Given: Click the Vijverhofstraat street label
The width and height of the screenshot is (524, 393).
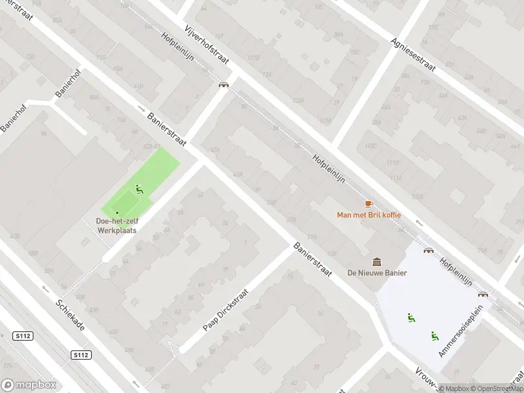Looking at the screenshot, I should click(x=207, y=41).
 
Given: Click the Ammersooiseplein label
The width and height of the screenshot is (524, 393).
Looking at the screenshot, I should click(x=465, y=331).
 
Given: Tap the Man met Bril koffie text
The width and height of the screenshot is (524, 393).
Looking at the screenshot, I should click(x=368, y=215).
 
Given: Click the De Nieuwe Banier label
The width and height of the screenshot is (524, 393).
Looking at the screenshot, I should click(x=377, y=273).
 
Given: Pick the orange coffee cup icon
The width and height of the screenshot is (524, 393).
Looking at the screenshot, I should click(x=368, y=204).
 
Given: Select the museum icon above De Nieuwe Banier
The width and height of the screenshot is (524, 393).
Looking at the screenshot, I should click(x=377, y=262).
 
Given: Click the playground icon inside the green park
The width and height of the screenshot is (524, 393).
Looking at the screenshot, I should click(x=139, y=190).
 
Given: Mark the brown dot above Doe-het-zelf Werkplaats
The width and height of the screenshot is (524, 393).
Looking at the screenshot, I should click(x=117, y=212).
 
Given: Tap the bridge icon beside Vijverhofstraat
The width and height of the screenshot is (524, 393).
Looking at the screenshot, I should click(x=223, y=84).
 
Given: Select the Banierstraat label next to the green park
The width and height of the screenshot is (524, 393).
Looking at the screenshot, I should click(x=168, y=129).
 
